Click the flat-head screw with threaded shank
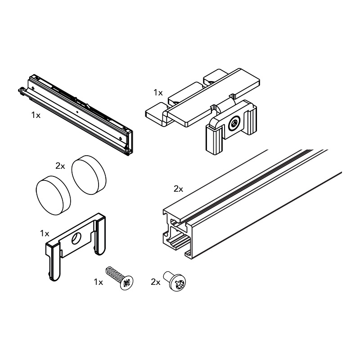(x=120, y=278)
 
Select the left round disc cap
(x=53, y=195)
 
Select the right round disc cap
(x=89, y=175)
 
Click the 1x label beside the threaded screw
(x=99, y=282)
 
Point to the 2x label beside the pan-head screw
(x=155, y=282)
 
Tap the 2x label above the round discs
(x=60, y=166)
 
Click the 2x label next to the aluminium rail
(x=178, y=189)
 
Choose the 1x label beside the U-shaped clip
(x=45, y=234)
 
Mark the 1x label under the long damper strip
(x=36, y=115)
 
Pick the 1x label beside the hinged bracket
(x=158, y=93)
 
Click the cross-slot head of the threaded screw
(x=126, y=283)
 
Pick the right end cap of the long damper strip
(x=129, y=142)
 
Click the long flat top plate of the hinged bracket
(x=213, y=97)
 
